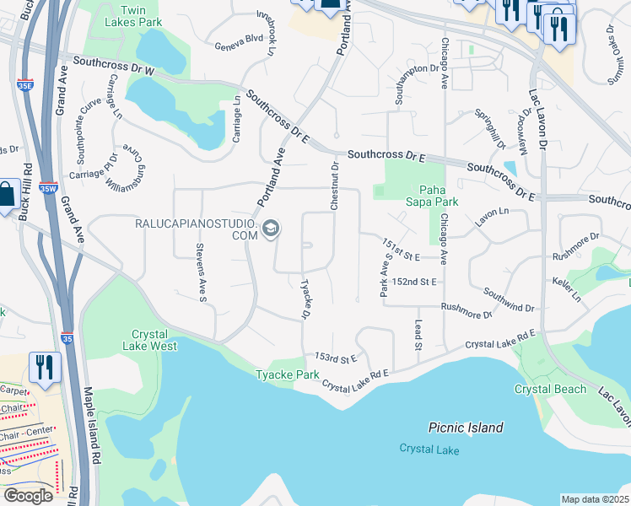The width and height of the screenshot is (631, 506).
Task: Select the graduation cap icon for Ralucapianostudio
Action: [271, 229]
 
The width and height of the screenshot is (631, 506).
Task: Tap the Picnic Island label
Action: [465, 428]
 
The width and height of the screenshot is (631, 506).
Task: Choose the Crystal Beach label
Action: [550, 389]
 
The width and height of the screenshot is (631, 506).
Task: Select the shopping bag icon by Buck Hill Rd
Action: [6, 195]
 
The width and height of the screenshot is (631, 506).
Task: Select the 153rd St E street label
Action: [332, 357]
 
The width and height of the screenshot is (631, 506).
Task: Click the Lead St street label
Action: [418, 334]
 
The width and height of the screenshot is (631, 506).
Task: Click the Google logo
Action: [28, 496]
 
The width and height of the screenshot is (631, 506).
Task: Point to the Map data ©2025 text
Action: [594, 499]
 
